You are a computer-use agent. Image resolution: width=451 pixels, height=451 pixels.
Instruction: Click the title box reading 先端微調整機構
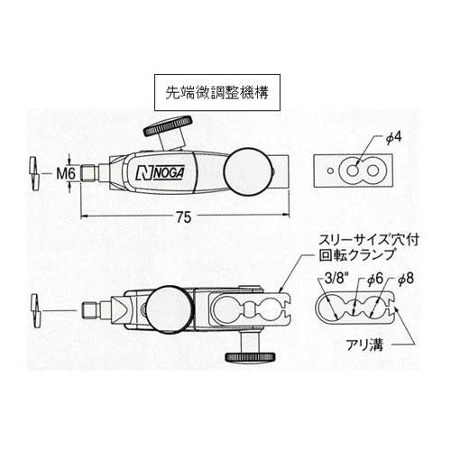217,93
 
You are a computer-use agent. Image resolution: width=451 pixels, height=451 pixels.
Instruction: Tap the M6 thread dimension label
66,174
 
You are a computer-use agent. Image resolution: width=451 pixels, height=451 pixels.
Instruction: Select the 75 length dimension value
184,217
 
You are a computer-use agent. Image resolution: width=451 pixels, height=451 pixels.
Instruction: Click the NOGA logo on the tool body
160,174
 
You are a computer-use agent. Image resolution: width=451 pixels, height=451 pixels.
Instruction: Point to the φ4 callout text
393,137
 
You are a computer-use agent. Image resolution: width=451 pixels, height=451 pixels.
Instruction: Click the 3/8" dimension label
336,279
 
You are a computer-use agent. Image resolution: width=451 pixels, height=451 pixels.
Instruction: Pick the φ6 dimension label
375,279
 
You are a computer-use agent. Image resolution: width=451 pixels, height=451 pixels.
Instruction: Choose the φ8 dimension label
406,279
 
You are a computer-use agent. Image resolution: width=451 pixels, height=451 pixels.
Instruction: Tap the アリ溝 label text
364,345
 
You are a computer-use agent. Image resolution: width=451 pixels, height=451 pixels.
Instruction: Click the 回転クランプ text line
356,255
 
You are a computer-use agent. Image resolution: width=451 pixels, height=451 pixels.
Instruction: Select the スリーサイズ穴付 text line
369,240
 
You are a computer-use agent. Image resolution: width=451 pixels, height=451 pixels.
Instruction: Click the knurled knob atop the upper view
168,125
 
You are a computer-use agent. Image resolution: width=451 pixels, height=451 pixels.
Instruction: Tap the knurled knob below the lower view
250,357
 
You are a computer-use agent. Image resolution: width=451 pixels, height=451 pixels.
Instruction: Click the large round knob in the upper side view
249,171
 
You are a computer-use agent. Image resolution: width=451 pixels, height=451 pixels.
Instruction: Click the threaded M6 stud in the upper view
88,174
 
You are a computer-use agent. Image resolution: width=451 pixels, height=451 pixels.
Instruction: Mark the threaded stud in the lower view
90,310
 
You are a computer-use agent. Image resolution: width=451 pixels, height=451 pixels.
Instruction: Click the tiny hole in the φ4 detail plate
330,171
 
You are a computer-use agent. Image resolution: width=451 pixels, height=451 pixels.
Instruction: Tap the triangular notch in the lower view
121,310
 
